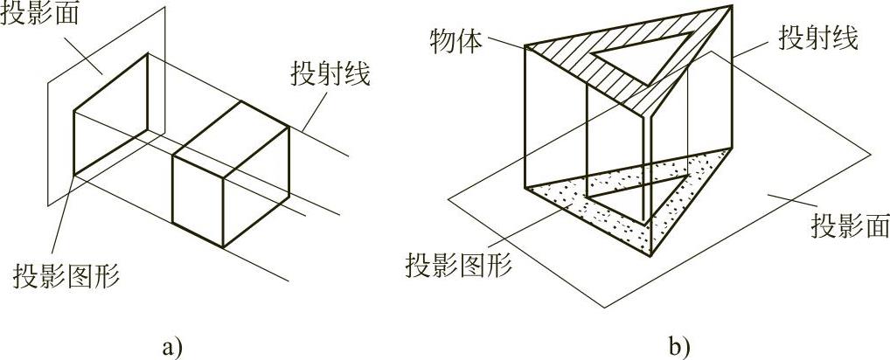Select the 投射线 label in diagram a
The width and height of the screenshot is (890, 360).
331,73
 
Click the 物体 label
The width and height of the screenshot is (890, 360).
455,41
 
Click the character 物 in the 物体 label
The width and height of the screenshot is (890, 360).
443,41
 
